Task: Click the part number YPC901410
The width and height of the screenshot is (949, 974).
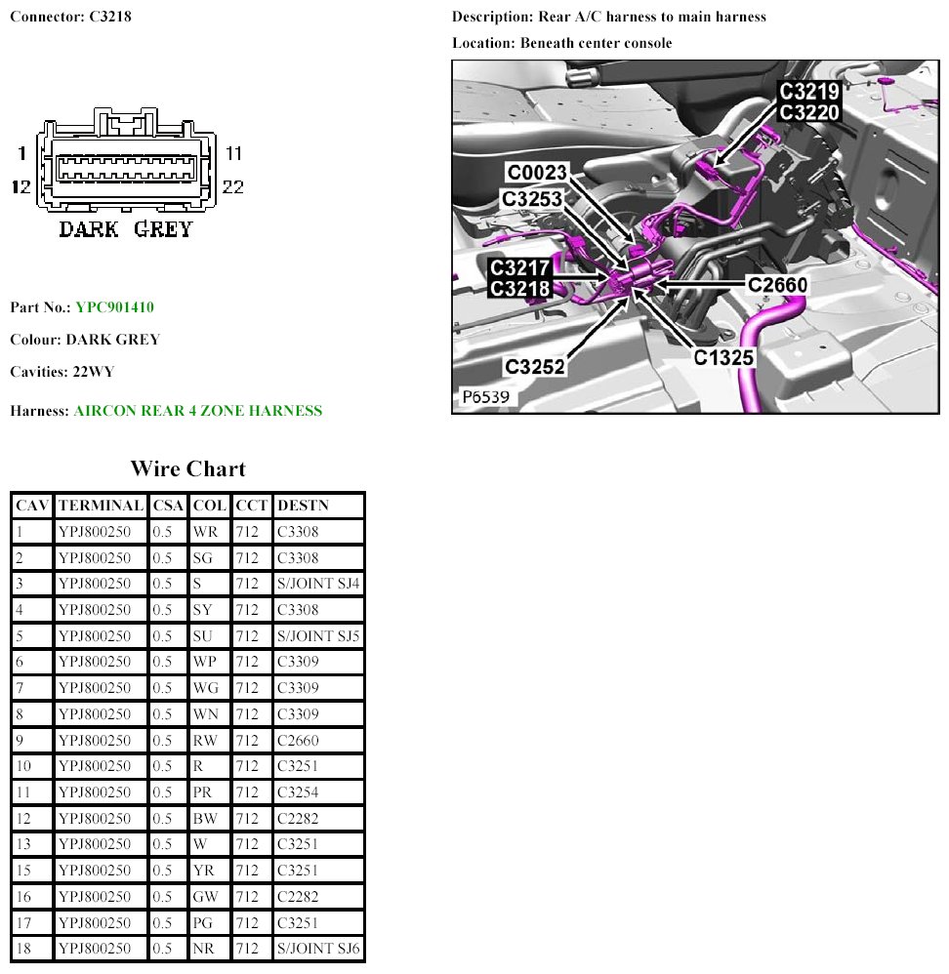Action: (114, 307)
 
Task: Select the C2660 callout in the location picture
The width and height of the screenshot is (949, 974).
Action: (777, 284)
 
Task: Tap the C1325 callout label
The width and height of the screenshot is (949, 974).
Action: (724, 357)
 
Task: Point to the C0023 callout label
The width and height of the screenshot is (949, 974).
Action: (536, 173)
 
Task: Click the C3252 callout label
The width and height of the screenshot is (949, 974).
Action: (534, 366)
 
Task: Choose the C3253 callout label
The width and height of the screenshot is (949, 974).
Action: (531, 198)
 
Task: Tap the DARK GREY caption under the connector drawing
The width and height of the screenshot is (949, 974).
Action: (126, 229)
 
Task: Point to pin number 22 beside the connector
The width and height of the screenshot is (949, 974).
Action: (232, 186)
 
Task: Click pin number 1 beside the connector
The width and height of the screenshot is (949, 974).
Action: (21, 153)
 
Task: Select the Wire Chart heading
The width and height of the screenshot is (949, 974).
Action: (187, 468)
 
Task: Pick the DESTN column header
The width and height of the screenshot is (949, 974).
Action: (304, 506)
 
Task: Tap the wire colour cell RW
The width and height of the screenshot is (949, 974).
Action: (205, 741)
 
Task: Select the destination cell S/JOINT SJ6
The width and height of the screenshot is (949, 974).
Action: (318, 949)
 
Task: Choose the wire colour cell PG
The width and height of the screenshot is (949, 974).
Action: (205, 922)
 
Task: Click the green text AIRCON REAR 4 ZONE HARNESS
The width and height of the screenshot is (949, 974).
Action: (197, 411)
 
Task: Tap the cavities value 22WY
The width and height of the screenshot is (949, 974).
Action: (93, 373)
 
